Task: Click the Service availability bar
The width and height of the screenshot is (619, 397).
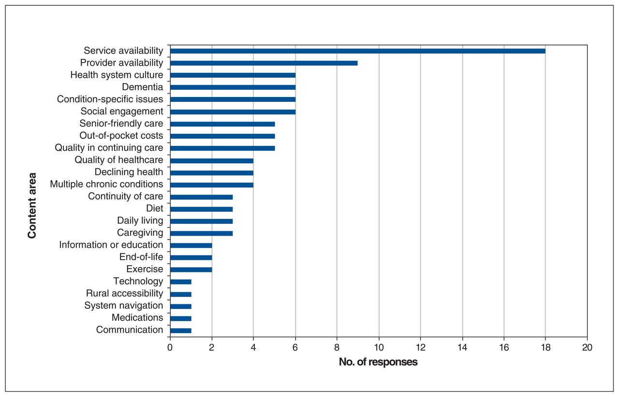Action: coord(358,51)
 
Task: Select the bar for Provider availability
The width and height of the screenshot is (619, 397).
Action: coord(264,63)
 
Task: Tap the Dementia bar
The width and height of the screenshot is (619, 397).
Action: coord(233,87)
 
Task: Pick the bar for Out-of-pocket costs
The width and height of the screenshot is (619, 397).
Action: coord(223,136)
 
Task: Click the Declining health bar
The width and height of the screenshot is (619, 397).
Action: coord(212,173)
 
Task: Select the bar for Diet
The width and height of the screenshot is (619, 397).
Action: coord(202,209)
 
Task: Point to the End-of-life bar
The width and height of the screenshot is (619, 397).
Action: coord(191,257)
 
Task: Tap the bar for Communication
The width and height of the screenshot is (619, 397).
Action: coord(181,330)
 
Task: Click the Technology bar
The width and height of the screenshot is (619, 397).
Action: coord(181,282)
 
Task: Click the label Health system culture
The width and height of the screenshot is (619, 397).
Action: coord(117,75)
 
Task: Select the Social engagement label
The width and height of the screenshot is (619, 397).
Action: coord(122,111)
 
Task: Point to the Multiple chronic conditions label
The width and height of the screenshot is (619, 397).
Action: coord(106,184)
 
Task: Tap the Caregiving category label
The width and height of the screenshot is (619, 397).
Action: coord(140,233)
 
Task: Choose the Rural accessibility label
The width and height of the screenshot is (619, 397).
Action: coord(125,293)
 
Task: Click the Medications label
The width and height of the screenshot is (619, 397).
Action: coord(137,317)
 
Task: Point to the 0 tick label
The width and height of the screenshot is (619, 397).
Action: coord(170,347)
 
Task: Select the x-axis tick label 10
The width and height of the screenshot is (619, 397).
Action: coord(379,347)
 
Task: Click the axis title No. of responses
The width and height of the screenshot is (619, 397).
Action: coord(378,362)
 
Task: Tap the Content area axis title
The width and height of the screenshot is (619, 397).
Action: coord(32,206)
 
